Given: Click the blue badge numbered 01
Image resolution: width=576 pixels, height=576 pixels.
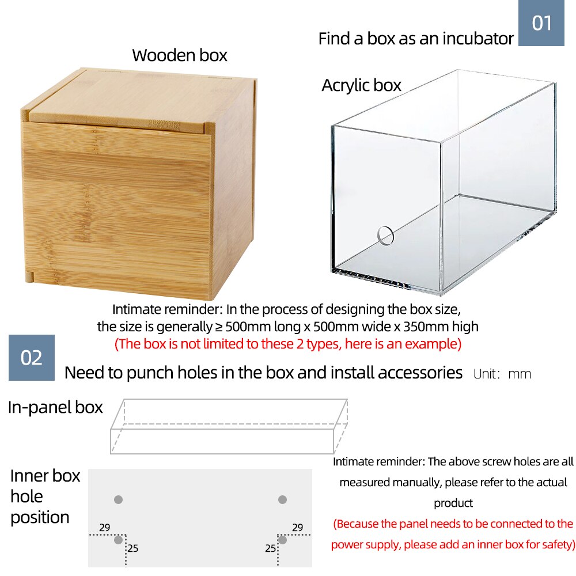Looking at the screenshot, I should [541, 23].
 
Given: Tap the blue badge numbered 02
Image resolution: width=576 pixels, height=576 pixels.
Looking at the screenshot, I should [32, 358].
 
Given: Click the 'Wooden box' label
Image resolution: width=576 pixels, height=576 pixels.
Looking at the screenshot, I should [180, 55].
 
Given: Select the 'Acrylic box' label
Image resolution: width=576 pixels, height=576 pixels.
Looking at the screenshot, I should [361, 85].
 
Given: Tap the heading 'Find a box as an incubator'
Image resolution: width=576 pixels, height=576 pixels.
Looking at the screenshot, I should [415, 39].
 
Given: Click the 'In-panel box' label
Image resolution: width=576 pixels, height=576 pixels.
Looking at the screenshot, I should [55, 407].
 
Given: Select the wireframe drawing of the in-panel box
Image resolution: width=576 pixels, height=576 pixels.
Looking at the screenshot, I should [229, 426].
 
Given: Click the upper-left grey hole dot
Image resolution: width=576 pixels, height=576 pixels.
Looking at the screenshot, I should [119, 499].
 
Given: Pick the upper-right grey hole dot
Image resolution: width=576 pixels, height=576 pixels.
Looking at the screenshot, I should [282, 499].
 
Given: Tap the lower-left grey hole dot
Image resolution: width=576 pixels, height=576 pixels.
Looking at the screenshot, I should [118, 540].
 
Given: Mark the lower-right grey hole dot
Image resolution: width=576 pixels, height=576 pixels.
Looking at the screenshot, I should [282, 540].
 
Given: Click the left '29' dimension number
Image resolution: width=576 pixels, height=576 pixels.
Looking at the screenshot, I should [104, 528].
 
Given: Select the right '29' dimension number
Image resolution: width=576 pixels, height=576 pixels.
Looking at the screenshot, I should [297, 528].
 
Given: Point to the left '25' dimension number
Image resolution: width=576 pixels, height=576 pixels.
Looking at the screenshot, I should [133, 548].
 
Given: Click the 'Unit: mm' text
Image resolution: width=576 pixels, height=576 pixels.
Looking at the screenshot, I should [502, 374].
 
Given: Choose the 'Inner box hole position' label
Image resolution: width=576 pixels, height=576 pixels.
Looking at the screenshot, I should [45, 497].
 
